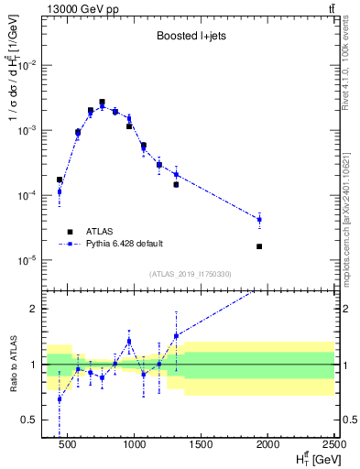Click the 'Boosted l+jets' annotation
coord(191,37)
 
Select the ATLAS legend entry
coord(97,232)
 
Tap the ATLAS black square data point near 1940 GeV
coord(259,246)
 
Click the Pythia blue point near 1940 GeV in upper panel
coord(259,220)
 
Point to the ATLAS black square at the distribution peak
coord(102,103)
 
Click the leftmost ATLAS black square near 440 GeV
coord(60,180)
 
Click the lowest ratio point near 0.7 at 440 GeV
coord(60,398)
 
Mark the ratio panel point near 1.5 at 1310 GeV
coord(176,335)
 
